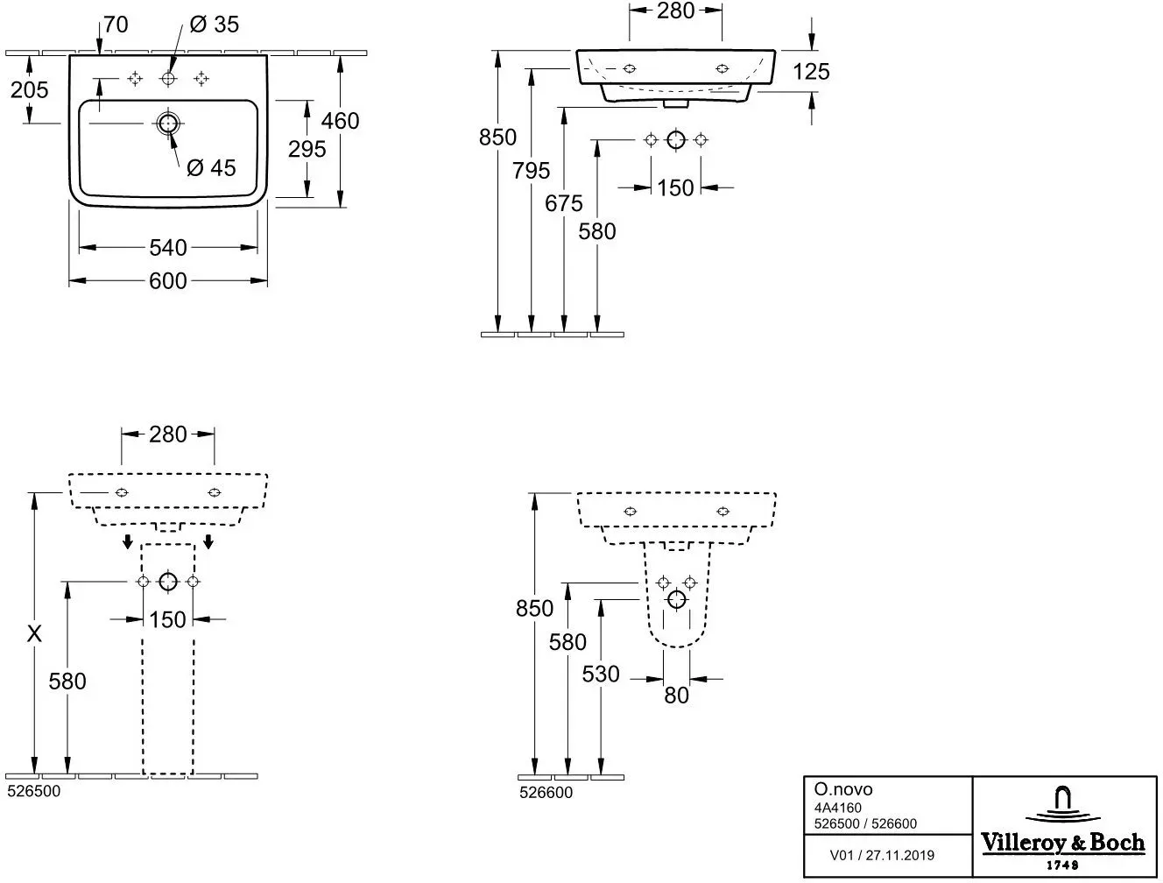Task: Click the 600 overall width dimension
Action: tap(168, 281)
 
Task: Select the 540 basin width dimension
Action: tap(168, 248)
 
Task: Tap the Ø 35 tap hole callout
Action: tap(214, 25)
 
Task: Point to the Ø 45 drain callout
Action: tap(211, 168)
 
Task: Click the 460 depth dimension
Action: tap(340, 121)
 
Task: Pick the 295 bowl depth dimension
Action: tap(307, 150)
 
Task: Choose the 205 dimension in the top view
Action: tap(29, 90)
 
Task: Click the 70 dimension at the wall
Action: tap(116, 25)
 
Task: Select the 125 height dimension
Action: tap(811, 72)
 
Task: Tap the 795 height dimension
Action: tap(531, 171)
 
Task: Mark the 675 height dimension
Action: tap(564, 203)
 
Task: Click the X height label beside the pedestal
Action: tap(34, 634)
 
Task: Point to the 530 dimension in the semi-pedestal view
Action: tap(601, 675)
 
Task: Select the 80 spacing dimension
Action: tap(677, 696)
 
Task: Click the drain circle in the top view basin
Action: tap(168, 124)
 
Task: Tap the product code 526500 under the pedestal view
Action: tap(34, 791)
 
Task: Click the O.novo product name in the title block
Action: tap(843, 789)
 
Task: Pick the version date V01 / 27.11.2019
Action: tap(882, 855)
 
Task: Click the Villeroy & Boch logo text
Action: tap(1063, 843)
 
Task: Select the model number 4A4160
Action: tap(838, 808)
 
